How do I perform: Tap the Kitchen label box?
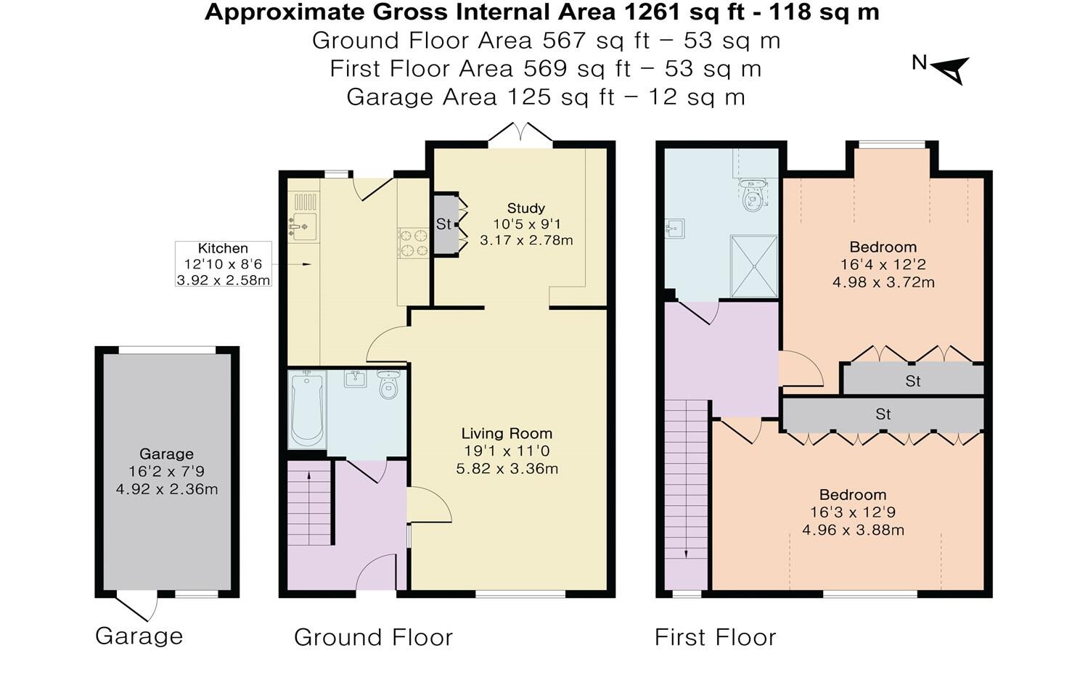224,264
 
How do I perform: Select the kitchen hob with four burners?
414,243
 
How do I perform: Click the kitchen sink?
304,226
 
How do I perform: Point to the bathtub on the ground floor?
306,410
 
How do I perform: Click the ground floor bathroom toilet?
389,385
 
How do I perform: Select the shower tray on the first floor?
753,266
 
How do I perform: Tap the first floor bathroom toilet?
753,195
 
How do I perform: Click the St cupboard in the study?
443,224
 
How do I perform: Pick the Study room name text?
525,208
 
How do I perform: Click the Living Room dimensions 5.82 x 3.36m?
507,469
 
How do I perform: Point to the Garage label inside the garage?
166,454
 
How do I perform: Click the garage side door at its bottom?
138,606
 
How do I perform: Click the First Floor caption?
715,637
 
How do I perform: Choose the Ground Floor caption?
373,637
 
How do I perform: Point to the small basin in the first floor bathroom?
674,229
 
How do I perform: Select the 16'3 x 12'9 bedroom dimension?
853,512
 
